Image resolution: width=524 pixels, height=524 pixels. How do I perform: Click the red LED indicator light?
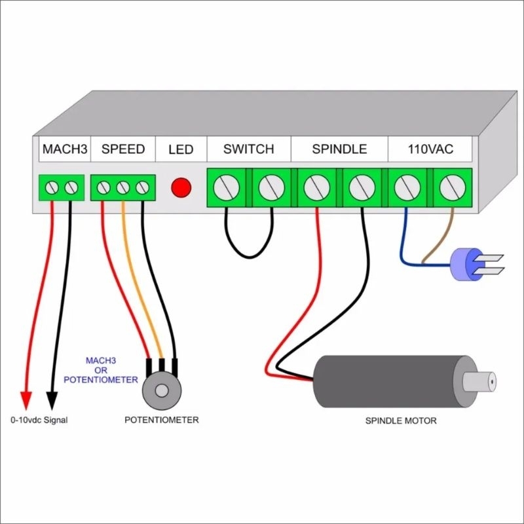(181, 188)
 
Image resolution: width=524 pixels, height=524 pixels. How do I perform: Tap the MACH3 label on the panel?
(64, 149)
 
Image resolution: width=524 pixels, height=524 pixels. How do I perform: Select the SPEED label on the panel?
(123, 149)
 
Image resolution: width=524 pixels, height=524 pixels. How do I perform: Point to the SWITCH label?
(248, 149)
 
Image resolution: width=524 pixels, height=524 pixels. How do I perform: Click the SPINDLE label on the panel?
(339, 149)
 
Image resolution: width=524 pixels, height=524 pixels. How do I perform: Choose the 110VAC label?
(430, 149)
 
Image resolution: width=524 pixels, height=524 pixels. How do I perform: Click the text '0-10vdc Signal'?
(39, 420)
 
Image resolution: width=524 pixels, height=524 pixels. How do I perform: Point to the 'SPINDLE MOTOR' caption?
(401, 421)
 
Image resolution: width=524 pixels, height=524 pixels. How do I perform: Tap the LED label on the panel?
(181, 150)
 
